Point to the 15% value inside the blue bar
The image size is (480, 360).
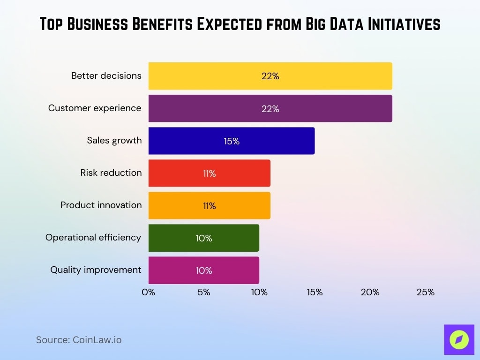tap(232, 141)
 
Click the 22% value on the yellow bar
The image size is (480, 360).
tap(270, 76)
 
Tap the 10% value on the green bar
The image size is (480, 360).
tap(204, 238)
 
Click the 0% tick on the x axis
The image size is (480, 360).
tap(148, 292)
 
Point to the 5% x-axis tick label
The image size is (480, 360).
tap(203, 292)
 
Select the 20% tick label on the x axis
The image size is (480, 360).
tap(370, 292)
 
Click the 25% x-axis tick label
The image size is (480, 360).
tap(425, 292)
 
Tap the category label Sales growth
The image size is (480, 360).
tap(114, 140)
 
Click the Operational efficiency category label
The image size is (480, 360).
tap(93, 237)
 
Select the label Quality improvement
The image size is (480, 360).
tap(96, 270)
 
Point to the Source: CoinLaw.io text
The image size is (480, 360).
tap(79, 340)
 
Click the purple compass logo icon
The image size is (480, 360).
tap(459, 339)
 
